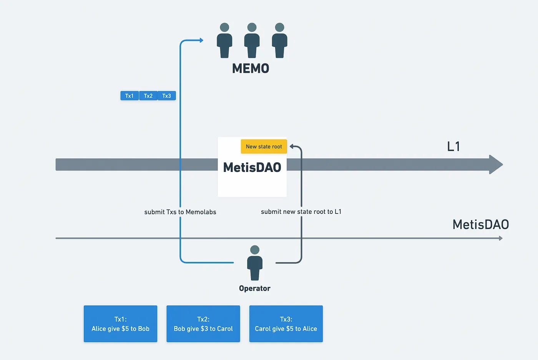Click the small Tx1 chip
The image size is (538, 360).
click(130, 96)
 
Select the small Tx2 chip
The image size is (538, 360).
click(148, 96)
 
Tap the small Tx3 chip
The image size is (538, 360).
click(166, 96)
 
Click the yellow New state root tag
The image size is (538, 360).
click(264, 147)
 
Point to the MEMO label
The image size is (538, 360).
click(251, 68)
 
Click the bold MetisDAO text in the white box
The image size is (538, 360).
click(252, 167)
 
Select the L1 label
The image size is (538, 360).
click(453, 147)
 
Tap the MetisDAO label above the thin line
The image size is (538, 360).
click(480, 224)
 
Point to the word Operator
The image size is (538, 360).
click(254, 288)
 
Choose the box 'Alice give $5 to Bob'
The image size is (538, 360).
click(120, 324)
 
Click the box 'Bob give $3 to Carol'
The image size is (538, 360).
click(203, 324)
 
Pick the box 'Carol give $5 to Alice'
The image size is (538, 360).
click(286, 324)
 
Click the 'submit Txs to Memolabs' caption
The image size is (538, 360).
click(180, 212)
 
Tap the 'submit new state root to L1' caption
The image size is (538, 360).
click(301, 212)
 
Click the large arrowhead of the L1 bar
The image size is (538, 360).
click(496, 165)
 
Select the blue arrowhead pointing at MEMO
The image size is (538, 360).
click(201, 40)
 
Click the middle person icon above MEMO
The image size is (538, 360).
click(252, 40)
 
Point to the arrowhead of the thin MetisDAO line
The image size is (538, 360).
click(500, 238)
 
